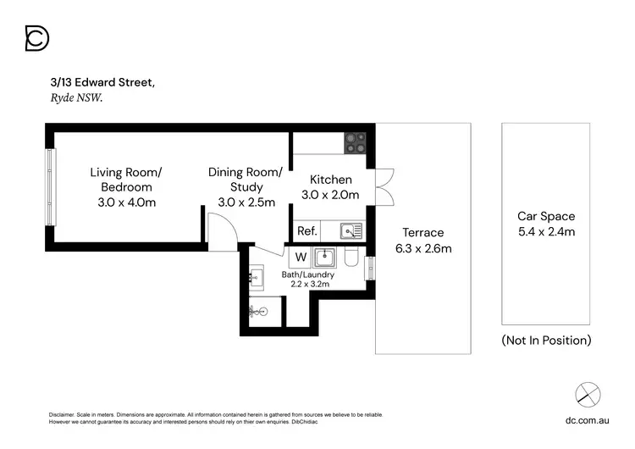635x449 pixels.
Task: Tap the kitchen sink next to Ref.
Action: coord(351,230)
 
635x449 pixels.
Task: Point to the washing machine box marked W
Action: coord(300,257)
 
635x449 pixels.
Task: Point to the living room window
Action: coord(48,187)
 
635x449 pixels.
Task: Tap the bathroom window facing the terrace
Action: coord(370,268)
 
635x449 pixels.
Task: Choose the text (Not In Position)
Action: coord(545,340)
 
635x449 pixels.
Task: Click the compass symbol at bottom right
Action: coord(588,394)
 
